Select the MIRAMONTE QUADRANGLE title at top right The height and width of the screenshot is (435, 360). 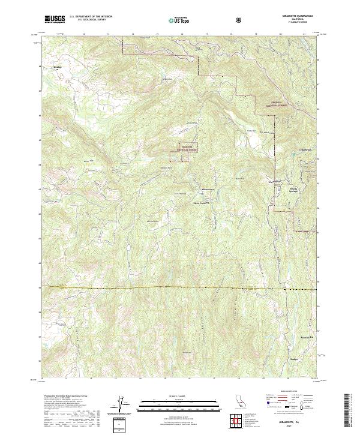(x=293, y=16)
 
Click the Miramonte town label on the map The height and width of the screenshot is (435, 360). (x=205, y=190)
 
